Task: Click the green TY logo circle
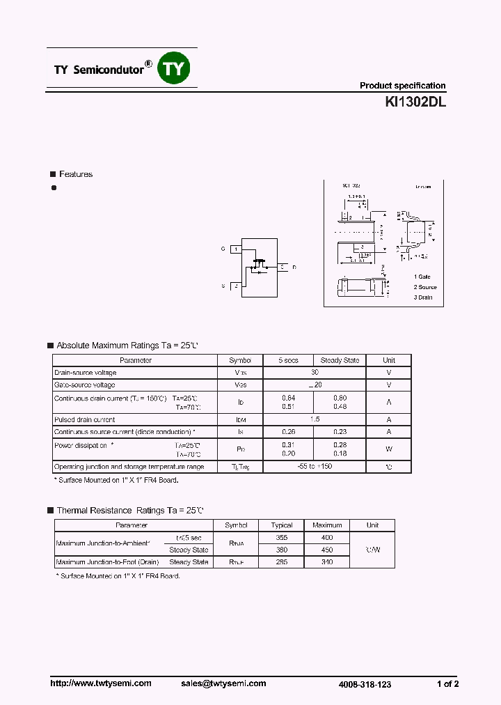[x=175, y=68]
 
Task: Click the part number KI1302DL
[x=415, y=102]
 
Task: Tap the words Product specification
[x=402, y=86]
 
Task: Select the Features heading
[x=75, y=174]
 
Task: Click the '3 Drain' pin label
[x=422, y=297]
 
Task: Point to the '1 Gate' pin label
[x=422, y=277]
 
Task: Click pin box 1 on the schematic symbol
[x=237, y=249]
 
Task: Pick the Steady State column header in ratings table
[x=340, y=360]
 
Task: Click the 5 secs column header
[x=288, y=360]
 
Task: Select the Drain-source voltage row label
[x=85, y=373]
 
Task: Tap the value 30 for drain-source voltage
[x=315, y=373]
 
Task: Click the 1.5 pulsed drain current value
[x=315, y=419]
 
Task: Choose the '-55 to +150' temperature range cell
[x=314, y=467]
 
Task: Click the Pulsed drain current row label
[x=84, y=419]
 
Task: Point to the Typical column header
[x=282, y=525]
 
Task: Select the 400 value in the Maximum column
[x=327, y=538]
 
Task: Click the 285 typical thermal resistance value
[x=282, y=561]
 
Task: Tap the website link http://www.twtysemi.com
[x=100, y=683]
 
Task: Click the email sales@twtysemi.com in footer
[x=228, y=683]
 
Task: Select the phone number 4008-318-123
[x=365, y=685]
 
